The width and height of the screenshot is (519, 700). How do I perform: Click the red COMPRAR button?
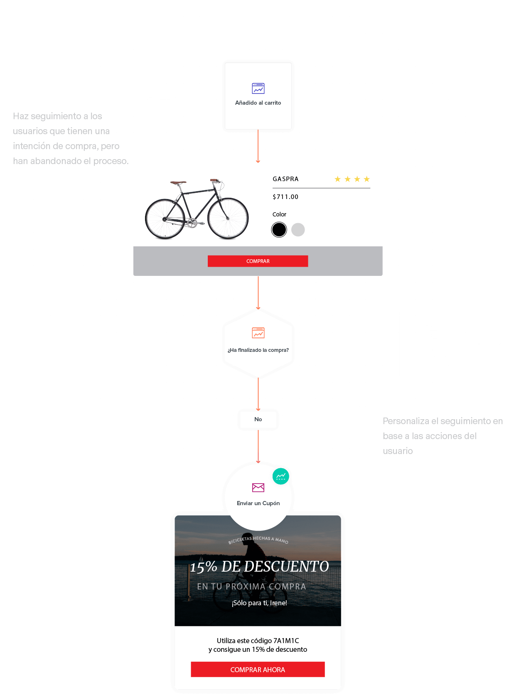tap(258, 261)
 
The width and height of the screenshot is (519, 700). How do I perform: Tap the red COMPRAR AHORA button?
tap(258, 669)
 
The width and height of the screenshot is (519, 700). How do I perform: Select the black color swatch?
tap(279, 229)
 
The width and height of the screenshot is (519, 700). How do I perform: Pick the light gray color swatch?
tap(298, 229)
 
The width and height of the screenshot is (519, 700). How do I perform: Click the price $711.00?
tap(285, 197)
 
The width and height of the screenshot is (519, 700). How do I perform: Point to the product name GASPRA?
tap(285, 179)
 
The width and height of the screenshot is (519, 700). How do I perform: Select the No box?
tap(258, 420)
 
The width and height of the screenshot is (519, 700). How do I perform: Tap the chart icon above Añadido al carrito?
tap(258, 88)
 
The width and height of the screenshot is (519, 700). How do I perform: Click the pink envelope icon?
tap(258, 487)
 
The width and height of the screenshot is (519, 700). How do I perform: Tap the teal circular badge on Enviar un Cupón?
tap(281, 476)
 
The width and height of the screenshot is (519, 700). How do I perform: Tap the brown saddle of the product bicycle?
tap(178, 182)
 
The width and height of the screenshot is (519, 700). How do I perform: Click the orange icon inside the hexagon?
tap(258, 333)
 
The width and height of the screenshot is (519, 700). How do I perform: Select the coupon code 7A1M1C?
tap(286, 641)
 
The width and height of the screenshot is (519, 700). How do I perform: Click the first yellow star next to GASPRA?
tap(337, 179)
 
